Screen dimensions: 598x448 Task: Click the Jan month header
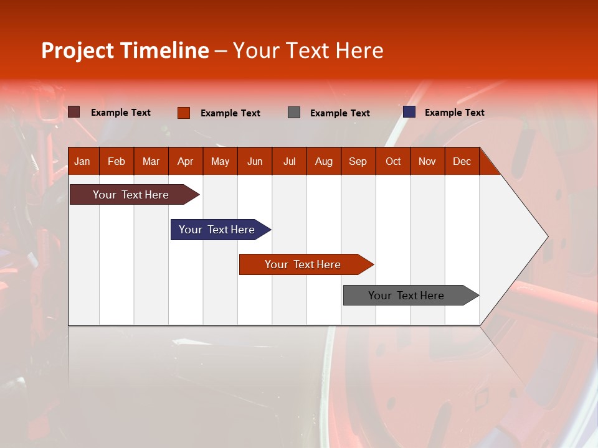82,161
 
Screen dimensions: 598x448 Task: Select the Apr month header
185,161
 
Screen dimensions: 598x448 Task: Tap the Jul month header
289,161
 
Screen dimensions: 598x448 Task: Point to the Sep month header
358,161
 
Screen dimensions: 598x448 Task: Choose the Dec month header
462,161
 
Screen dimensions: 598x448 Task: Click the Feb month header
116,161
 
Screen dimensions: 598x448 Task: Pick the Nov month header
427,161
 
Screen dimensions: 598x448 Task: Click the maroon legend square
74,112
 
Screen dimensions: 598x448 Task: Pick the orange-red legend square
183,113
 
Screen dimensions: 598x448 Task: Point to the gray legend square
294,113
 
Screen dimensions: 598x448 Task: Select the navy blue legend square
409,112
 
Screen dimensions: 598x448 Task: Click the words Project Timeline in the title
125,50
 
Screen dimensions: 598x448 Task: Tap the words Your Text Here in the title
308,50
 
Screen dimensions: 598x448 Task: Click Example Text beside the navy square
454,112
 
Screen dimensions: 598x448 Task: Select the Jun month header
255,161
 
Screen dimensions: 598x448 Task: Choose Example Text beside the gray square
339,113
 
